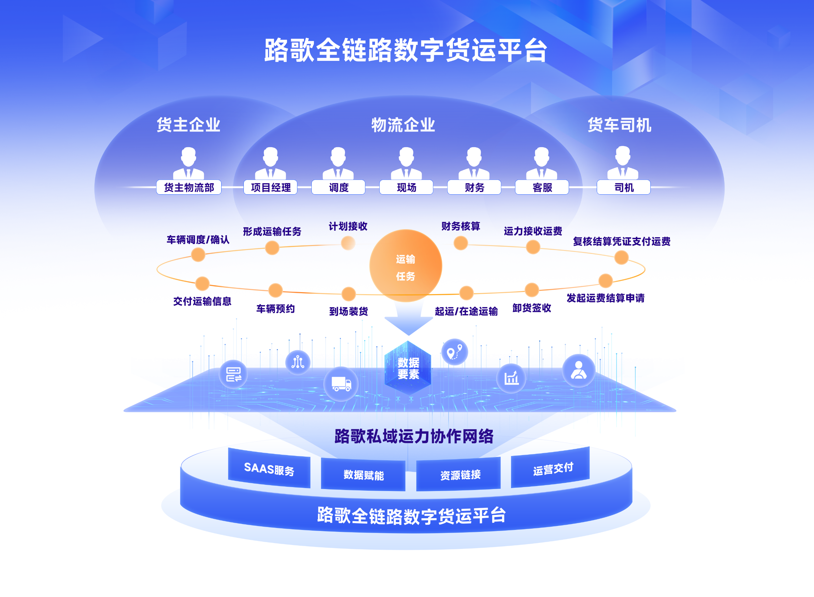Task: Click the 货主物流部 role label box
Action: click(189, 187)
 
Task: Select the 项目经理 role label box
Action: click(270, 187)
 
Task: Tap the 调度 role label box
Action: click(338, 187)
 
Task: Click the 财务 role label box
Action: click(474, 187)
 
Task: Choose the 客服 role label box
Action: click(542, 187)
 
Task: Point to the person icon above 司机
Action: click(623, 163)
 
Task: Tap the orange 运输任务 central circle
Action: click(406, 266)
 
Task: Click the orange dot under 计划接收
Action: click(348, 243)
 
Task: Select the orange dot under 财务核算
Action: click(461, 243)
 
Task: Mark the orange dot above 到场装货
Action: click(348, 293)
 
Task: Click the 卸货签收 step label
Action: click(532, 308)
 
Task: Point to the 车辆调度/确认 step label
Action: click(198, 239)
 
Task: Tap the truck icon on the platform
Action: click(341, 384)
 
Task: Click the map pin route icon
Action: click(455, 352)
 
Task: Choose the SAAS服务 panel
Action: click(269, 468)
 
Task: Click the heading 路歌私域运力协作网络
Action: click(414, 436)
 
